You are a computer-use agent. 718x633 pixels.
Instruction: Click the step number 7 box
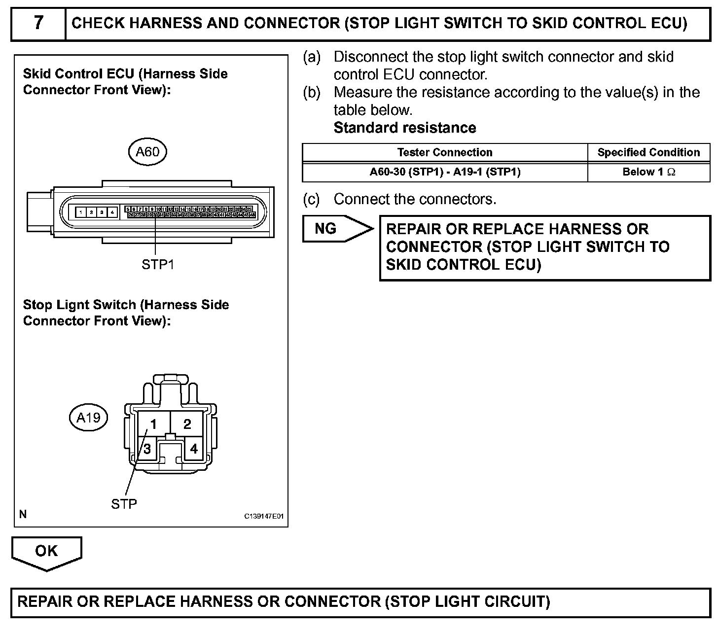[38, 23]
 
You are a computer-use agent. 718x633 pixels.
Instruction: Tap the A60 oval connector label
[147, 151]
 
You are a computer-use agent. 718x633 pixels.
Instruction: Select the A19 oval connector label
[89, 418]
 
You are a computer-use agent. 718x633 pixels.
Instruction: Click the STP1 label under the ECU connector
[158, 264]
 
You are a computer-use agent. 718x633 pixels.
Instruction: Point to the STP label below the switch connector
[124, 503]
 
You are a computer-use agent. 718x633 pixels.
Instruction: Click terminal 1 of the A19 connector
[153, 424]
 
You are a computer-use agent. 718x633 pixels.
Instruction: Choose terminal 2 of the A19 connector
[187, 424]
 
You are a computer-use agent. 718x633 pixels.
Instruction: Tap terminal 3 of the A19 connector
[147, 449]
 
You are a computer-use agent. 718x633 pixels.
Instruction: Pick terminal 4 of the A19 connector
[194, 449]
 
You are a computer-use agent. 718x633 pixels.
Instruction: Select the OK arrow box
[46, 552]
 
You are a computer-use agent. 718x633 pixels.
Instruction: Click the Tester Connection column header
[445, 152]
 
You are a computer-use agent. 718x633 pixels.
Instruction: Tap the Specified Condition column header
[648, 152]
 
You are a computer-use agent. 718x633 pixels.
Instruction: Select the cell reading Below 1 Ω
[648, 172]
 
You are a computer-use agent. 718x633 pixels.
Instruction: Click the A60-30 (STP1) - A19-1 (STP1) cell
[445, 172]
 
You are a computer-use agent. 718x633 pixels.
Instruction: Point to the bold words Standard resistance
[405, 128]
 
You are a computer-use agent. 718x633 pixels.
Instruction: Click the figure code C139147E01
[264, 516]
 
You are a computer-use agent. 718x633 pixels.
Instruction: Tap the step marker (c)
[311, 199]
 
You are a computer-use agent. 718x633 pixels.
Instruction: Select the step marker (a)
[311, 57]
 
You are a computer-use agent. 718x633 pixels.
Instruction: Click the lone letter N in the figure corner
[23, 514]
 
